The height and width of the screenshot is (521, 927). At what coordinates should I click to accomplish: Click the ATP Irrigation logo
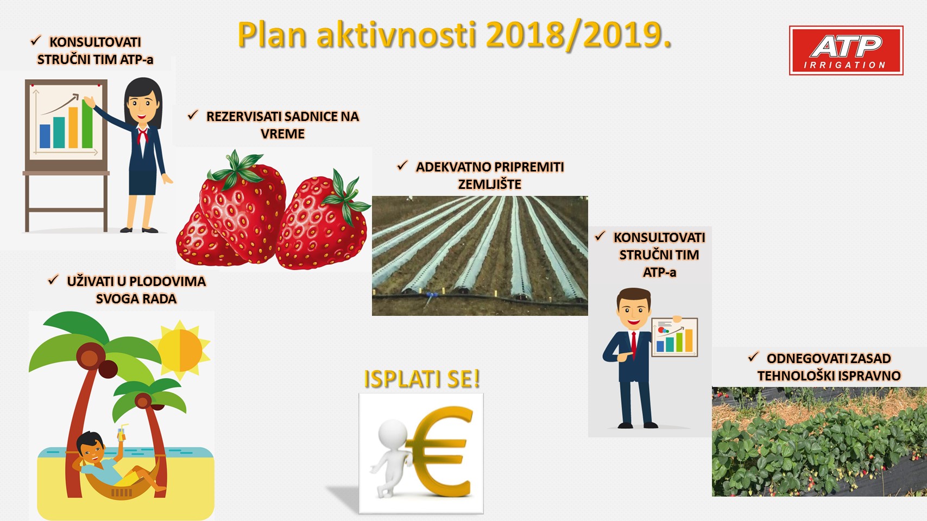(x=846, y=50)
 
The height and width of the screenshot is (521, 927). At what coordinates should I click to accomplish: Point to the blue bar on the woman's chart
(x=45, y=136)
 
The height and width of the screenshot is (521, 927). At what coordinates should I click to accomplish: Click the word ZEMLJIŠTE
(x=490, y=184)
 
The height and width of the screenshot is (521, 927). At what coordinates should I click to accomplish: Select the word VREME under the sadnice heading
(x=282, y=134)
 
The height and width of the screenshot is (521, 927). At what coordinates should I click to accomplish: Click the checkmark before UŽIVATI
(x=53, y=280)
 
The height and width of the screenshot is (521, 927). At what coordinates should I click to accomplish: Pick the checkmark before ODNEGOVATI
(x=753, y=357)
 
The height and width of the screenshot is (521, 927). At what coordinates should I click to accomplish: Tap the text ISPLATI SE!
(x=422, y=378)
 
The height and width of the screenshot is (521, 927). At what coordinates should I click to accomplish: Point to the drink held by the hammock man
(x=122, y=433)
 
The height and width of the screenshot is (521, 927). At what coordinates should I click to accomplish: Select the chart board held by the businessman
(x=674, y=337)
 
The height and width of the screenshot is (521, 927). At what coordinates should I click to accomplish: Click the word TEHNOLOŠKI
(x=792, y=376)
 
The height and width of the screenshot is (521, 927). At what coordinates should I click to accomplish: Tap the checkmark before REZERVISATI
(x=193, y=115)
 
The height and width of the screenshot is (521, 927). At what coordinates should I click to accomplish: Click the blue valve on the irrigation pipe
(x=431, y=296)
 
